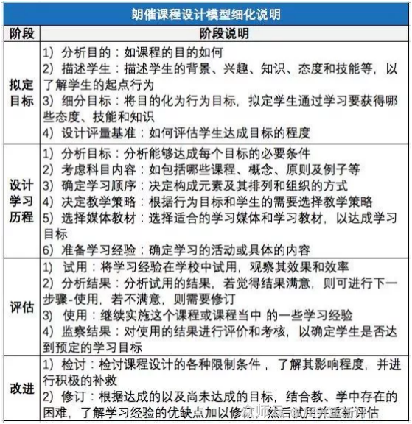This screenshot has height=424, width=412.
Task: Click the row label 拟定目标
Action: click(21, 93)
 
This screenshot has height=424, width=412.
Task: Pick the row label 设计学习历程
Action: click(21, 199)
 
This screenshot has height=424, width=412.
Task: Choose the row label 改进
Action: click(21, 387)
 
